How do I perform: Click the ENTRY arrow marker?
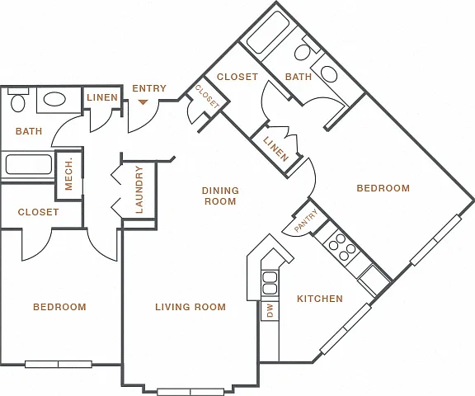pyautogui.click(x=143, y=102)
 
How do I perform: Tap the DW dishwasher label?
pyautogui.click(x=270, y=311)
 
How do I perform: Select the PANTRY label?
pyautogui.click(x=306, y=220)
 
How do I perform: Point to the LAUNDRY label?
pyautogui.click(x=139, y=190)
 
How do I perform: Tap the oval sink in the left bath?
pyautogui.click(x=54, y=99)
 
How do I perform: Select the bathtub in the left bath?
pyautogui.click(x=29, y=164)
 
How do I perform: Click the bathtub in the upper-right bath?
pyautogui.click(x=267, y=33)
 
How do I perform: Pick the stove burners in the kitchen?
pyautogui.click(x=342, y=247)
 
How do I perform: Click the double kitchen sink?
pyautogui.click(x=270, y=283)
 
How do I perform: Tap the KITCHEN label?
pyautogui.click(x=320, y=299)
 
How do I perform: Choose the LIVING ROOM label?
pyautogui.click(x=190, y=307)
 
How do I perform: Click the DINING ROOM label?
pyautogui.click(x=220, y=196)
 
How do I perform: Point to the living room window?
pyautogui.click(x=190, y=392)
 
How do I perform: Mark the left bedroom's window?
pyautogui.click(x=59, y=364)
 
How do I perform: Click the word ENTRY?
pyautogui.click(x=149, y=88)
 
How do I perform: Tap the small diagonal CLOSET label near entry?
pyautogui.click(x=207, y=97)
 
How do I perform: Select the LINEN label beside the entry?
pyautogui.click(x=102, y=97)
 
